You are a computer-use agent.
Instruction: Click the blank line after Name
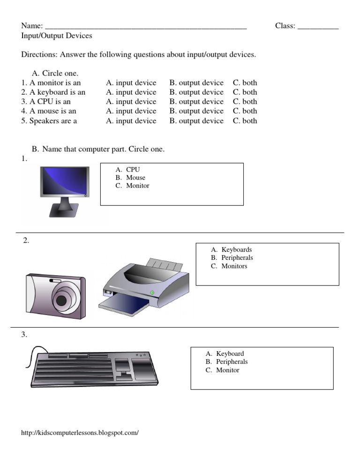click(146, 27)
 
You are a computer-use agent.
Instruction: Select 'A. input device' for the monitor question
click(131, 83)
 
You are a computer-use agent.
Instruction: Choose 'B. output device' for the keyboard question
click(196, 92)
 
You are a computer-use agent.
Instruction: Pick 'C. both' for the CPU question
click(245, 102)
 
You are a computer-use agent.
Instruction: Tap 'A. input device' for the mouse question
click(131, 111)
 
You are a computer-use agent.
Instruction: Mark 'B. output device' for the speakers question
click(196, 121)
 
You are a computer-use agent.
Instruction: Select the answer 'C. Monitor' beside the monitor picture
click(137, 186)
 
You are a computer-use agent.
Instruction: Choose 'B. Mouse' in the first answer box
click(135, 178)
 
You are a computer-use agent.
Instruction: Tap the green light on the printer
click(152, 293)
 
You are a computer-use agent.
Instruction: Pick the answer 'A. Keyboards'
click(236, 250)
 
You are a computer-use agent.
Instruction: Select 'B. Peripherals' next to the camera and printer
click(237, 258)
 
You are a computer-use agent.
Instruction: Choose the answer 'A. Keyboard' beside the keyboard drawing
click(230, 354)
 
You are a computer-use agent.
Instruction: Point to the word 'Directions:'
click(39, 54)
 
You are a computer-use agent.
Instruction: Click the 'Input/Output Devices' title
click(57, 36)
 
